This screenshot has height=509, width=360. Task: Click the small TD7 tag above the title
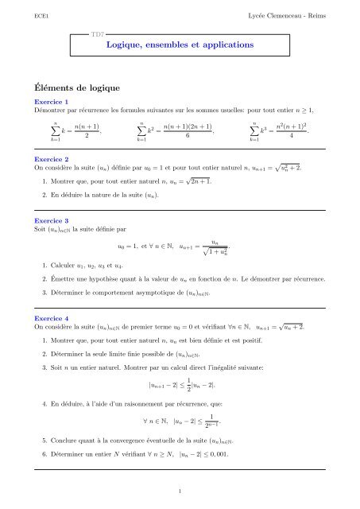pyautogui.click(x=99, y=36)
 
